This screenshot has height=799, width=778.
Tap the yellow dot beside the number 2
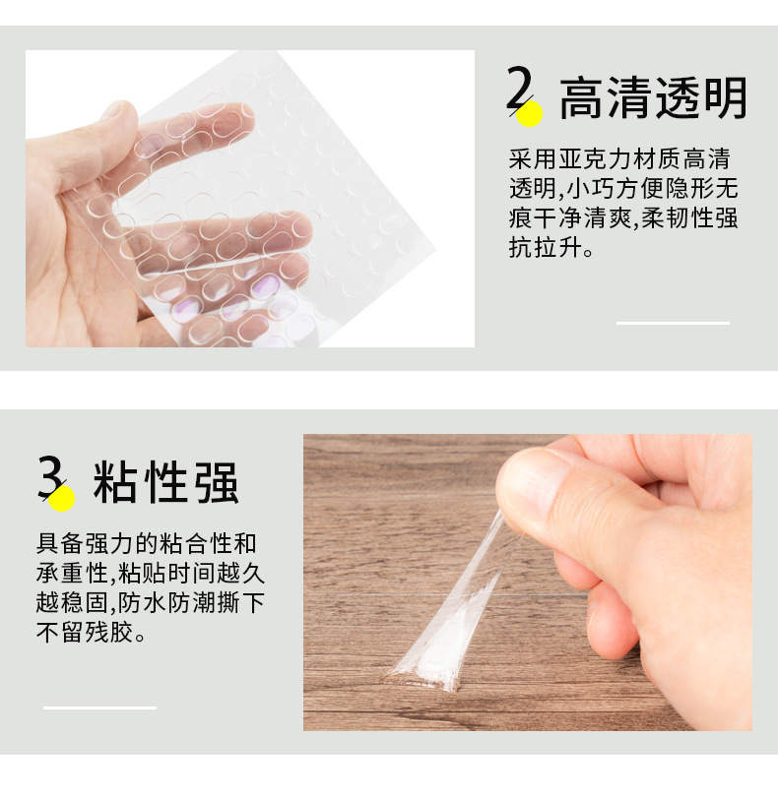(531, 114)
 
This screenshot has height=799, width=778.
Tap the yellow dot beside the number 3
(62, 499)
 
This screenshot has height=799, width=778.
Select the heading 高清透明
(653, 98)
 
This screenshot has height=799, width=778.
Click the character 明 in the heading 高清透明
(725, 98)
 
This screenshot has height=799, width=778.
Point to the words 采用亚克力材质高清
(619, 158)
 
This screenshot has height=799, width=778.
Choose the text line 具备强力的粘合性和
(148, 543)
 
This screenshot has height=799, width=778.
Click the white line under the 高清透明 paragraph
(673, 323)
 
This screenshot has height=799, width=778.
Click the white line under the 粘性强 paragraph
(99, 707)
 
